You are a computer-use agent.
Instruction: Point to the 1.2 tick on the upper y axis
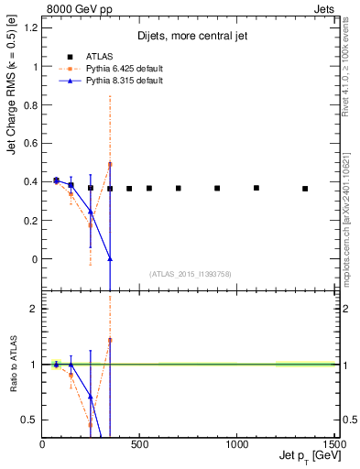pyautogui.click(x=30, y=28)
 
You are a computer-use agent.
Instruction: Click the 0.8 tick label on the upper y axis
pyautogui.click(x=30, y=105)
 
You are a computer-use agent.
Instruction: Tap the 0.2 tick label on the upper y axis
pyautogui.click(x=30, y=221)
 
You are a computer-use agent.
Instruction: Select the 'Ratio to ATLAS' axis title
pyautogui.click(x=12, y=364)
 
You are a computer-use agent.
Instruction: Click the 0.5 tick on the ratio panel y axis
pyautogui.click(x=30, y=420)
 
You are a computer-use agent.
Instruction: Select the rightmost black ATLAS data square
pyautogui.click(x=305, y=189)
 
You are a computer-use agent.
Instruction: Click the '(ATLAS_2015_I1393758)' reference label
pyautogui.click(x=190, y=273)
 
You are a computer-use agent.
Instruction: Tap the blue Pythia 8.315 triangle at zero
pyautogui.click(x=110, y=259)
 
